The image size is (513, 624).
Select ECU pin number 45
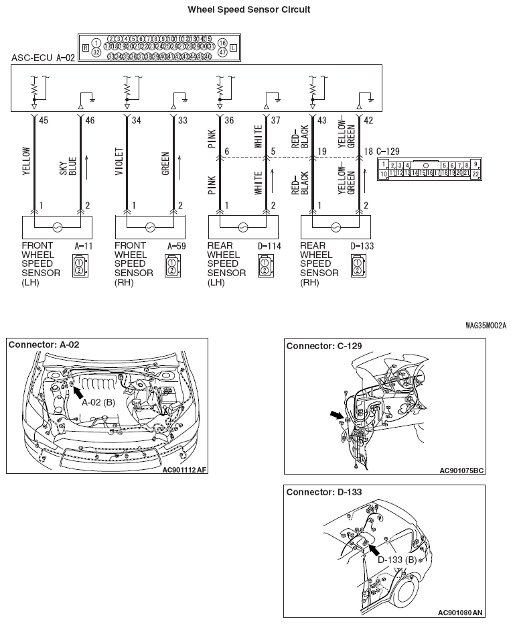(x=44, y=121)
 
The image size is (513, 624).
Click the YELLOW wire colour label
(x=27, y=162)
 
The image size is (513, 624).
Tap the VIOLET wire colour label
(x=119, y=162)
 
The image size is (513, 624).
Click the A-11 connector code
(x=82, y=246)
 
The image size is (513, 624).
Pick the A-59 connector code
(x=176, y=246)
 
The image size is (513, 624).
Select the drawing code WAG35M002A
(x=486, y=326)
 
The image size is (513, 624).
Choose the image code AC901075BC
(x=461, y=471)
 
